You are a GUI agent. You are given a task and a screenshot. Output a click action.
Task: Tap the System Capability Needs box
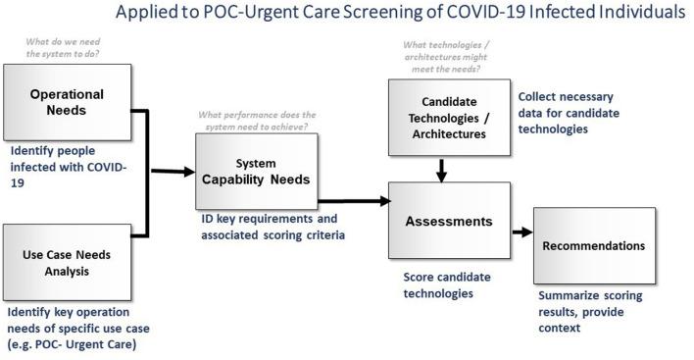click(257, 172)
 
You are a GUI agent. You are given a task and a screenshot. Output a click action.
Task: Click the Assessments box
click(449, 222)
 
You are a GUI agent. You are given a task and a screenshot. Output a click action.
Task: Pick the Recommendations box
click(594, 245)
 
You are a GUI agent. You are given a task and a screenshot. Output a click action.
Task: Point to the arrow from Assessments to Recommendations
click(520, 233)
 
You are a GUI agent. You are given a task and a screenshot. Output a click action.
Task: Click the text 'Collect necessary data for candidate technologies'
click(567, 112)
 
